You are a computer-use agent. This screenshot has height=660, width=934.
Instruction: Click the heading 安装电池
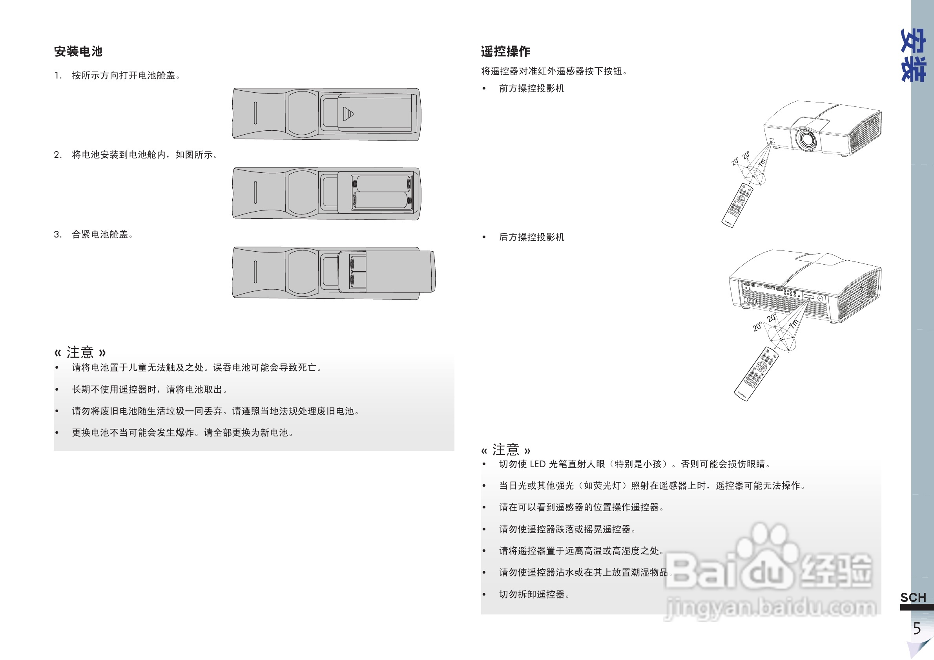tap(78, 52)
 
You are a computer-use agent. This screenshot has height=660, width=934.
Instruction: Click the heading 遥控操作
tap(505, 52)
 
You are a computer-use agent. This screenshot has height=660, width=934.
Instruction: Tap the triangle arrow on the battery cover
tap(348, 114)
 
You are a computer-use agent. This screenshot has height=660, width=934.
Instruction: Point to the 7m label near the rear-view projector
tap(794, 324)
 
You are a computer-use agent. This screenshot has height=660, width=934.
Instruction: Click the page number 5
tap(917, 629)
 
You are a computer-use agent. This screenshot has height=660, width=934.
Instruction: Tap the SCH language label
tap(913, 597)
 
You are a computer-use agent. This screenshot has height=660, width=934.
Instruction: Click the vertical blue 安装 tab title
tap(913, 55)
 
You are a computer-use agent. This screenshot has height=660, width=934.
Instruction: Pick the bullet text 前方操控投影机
tap(531, 89)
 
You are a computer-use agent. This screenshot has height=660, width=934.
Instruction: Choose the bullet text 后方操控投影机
tap(531, 237)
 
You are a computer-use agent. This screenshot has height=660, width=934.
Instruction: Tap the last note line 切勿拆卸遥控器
tap(534, 594)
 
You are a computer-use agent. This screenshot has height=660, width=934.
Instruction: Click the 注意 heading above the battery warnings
tap(80, 352)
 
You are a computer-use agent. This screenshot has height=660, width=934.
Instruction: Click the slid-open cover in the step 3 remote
tap(401, 272)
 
